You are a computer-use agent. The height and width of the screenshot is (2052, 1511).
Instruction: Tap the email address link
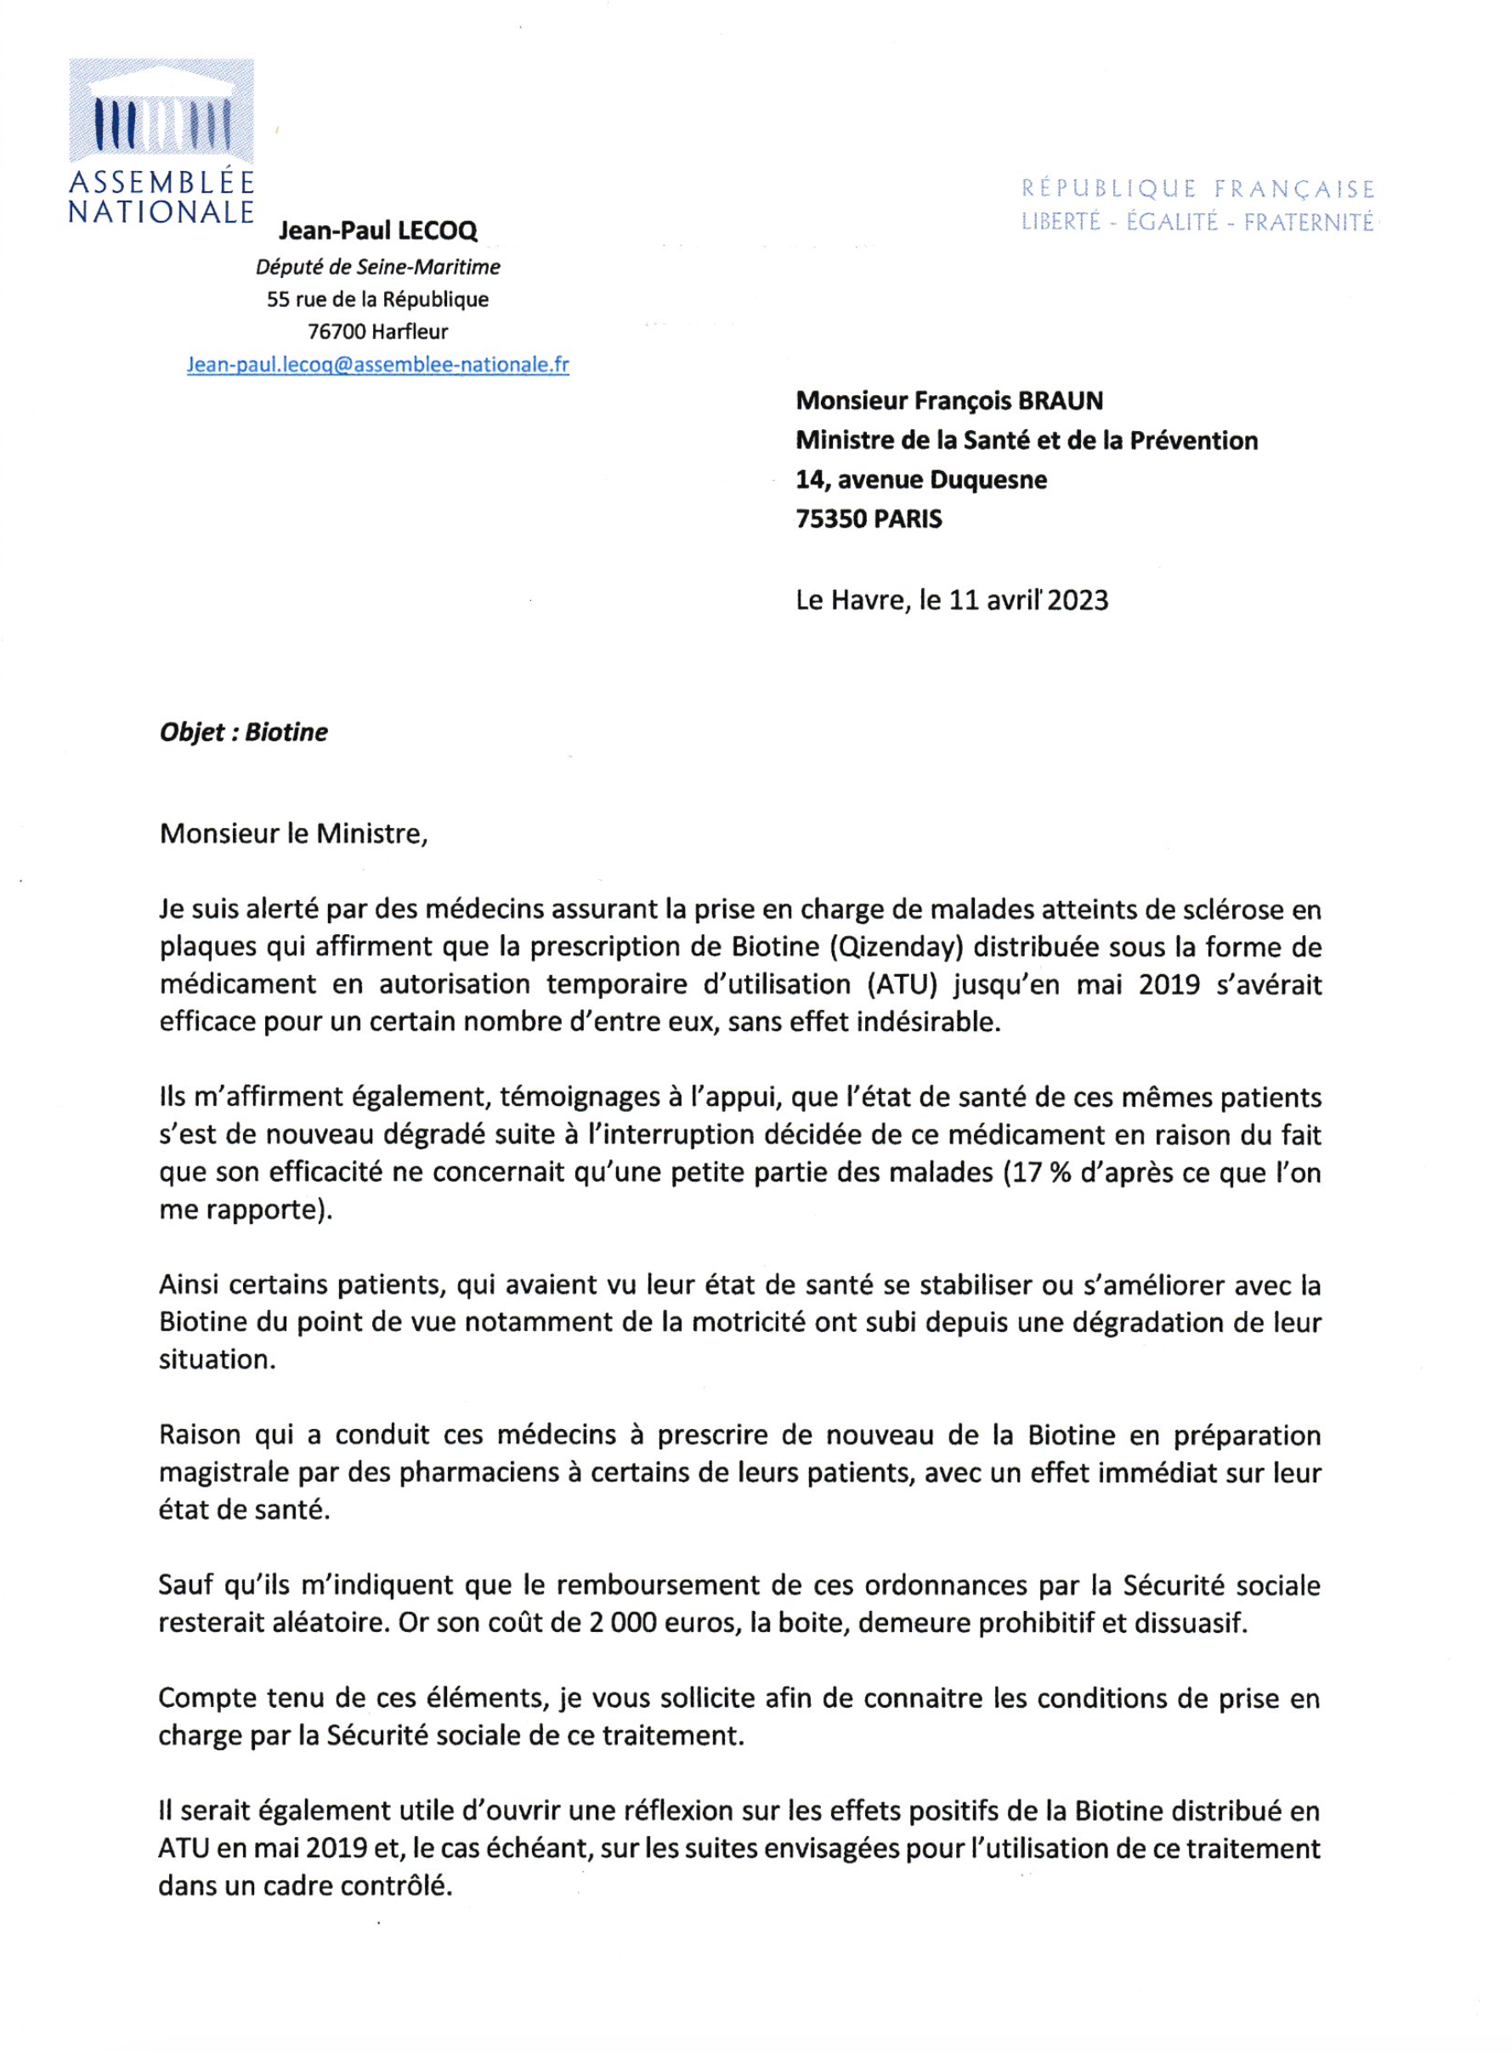click(377, 365)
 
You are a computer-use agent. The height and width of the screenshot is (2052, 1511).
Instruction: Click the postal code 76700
click(337, 332)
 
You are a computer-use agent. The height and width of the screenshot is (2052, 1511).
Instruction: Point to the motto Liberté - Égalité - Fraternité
click(1197, 223)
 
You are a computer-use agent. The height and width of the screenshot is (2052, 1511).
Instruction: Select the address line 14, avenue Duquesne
click(921, 479)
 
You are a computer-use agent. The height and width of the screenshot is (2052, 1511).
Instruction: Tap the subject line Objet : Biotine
click(243, 732)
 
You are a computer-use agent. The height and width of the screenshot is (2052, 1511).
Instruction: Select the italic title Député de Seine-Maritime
click(377, 267)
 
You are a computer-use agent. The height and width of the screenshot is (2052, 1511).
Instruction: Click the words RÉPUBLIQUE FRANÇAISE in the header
click(1197, 190)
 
